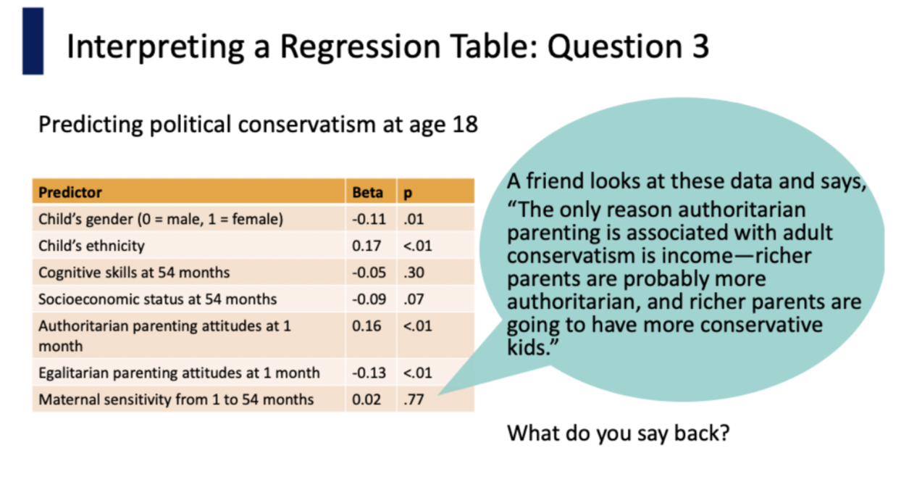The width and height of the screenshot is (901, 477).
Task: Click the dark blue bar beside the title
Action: [33, 41]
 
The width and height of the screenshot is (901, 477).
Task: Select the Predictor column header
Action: [70, 192]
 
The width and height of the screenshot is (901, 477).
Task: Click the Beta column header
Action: [368, 192]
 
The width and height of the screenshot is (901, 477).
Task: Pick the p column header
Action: [408, 194]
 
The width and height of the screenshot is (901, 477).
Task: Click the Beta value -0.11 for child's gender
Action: [369, 219]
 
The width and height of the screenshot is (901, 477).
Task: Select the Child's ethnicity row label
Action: [91, 246]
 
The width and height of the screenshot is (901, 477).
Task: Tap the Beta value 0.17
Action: [366, 246]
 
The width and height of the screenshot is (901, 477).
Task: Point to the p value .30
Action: [414, 273]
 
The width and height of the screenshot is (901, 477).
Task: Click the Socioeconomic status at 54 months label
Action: [158, 299]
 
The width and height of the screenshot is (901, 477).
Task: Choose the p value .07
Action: [414, 299]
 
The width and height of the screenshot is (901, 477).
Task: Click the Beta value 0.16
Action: [366, 325]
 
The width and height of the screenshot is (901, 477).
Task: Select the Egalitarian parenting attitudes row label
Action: [180, 373]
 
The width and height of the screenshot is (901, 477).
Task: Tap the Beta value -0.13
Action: [369, 373]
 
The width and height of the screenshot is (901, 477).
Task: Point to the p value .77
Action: [414, 399]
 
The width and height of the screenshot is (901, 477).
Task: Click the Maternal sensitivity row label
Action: [176, 399]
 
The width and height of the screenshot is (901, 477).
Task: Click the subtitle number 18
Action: [465, 124]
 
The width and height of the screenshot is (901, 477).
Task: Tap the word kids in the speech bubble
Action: [527, 347]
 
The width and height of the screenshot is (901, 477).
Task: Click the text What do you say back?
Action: [619, 434]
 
